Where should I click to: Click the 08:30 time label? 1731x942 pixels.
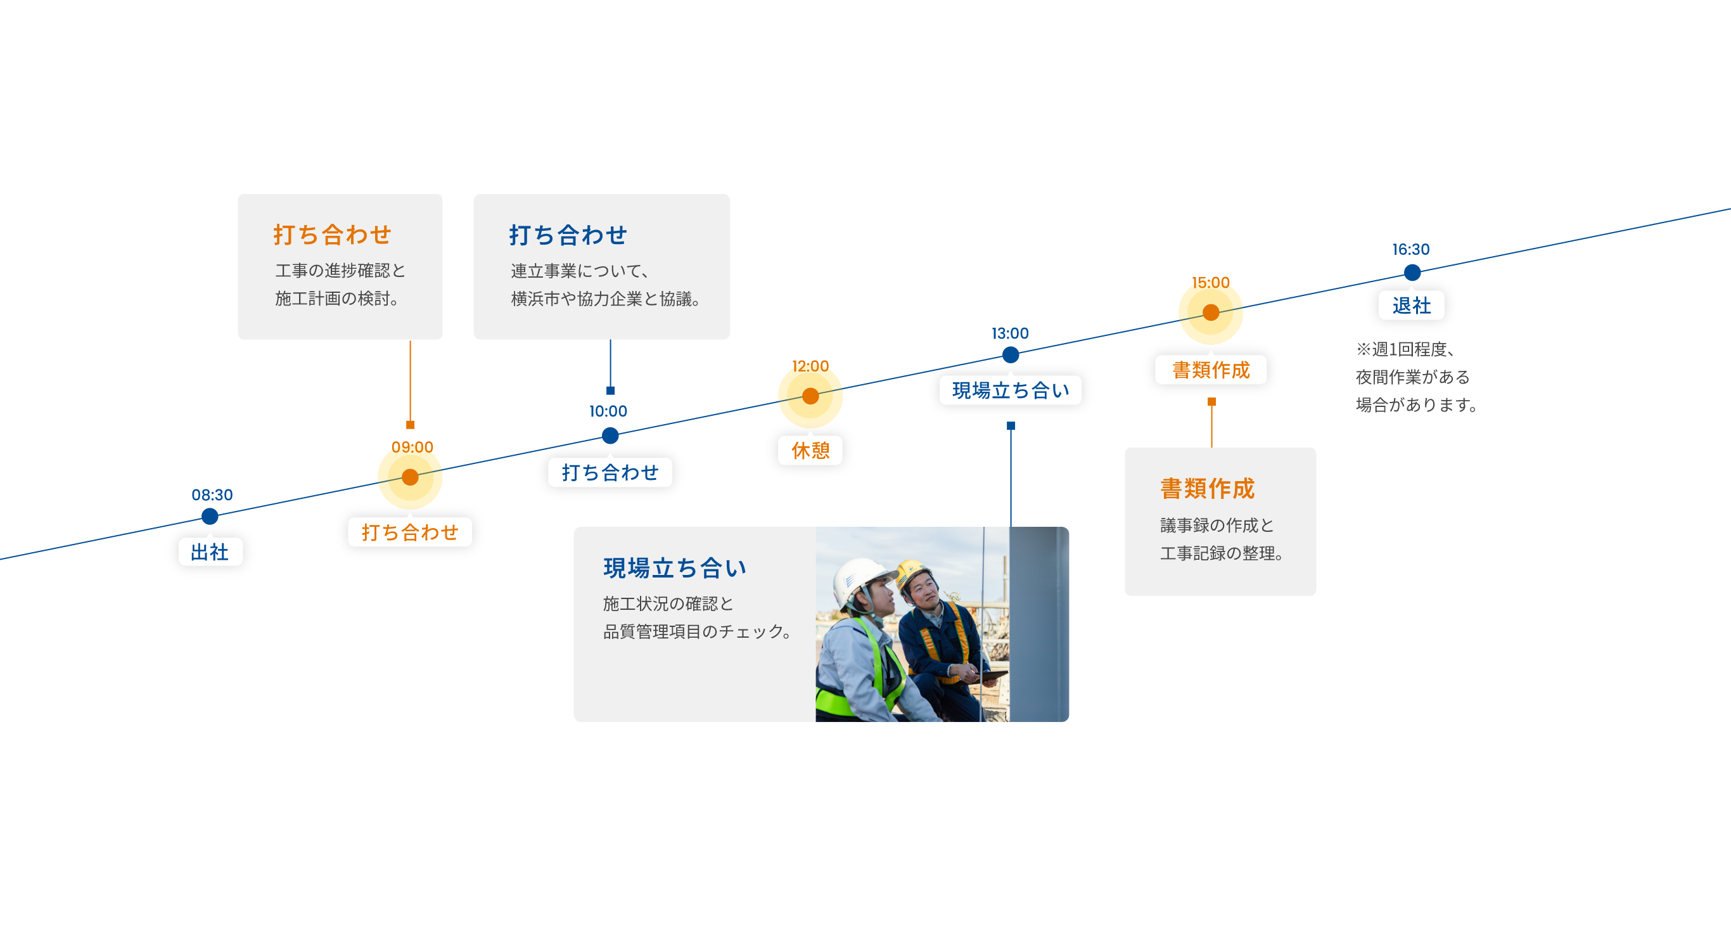[212, 495]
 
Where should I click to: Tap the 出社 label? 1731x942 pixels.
[210, 552]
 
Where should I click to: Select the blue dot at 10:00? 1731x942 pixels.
[610, 436]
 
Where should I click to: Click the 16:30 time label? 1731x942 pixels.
[1410, 250]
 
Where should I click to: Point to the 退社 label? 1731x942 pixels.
[1411, 306]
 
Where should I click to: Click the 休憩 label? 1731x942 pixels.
[810, 451]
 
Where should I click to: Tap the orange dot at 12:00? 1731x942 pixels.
[810, 396]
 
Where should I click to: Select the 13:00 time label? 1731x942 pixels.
[1010, 333]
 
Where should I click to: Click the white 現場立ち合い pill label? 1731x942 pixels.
[1010, 390]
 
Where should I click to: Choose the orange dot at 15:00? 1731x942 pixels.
[1211, 313]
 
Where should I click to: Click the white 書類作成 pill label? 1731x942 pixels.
[1211, 370]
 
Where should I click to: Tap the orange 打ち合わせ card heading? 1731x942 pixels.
[332, 235]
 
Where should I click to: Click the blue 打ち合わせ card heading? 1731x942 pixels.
[568, 235]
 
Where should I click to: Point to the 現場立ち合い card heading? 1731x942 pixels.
[675, 569]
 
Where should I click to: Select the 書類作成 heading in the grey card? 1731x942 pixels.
[1207, 489]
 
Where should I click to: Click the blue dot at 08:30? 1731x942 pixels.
[210, 517]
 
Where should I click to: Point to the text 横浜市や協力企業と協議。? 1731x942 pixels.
[606, 299]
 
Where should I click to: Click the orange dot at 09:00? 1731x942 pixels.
[410, 477]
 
